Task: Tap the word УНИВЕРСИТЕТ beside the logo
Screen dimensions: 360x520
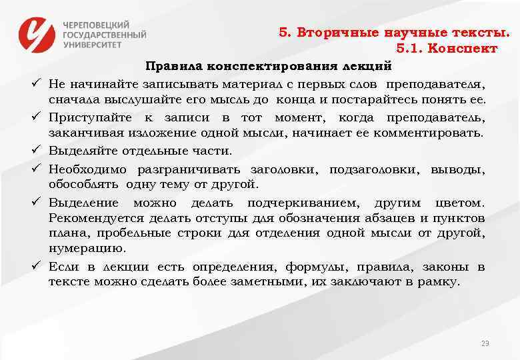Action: pyautogui.click(x=93, y=44)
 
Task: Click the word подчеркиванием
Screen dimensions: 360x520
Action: pyautogui.click(x=303, y=202)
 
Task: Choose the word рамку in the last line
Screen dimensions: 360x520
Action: pyautogui.click(x=437, y=281)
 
